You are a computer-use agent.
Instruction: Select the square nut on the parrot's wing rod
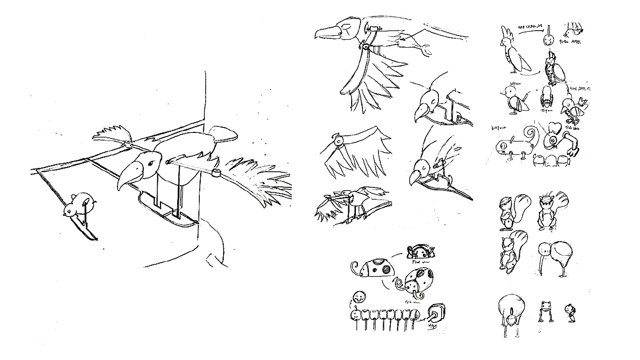tap(216, 173)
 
